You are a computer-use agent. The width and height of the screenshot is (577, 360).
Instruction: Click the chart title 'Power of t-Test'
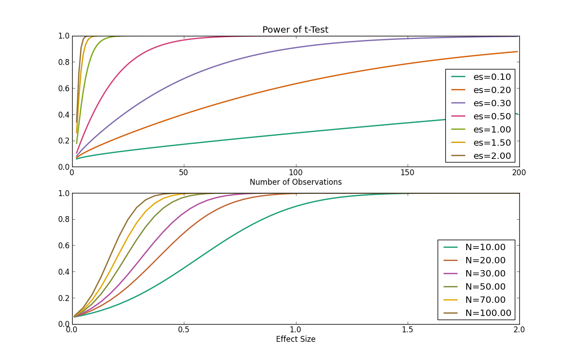pyautogui.click(x=295, y=30)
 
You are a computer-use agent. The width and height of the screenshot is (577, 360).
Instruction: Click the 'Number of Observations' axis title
pyautogui.click(x=296, y=182)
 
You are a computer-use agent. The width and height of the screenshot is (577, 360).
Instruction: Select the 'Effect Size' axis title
pyautogui.click(x=296, y=339)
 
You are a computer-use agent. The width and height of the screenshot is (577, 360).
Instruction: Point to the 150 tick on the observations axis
pyautogui.click(x=407, y=173)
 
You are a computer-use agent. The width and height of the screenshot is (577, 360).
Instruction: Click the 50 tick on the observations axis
pyautogui.click(x=184, y=173)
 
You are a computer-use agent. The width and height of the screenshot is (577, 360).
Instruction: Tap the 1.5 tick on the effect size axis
pyautogui.click(x=407, y=330)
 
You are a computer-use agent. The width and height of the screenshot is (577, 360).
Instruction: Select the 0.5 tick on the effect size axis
pyautogui.click(x=184, y=330)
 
